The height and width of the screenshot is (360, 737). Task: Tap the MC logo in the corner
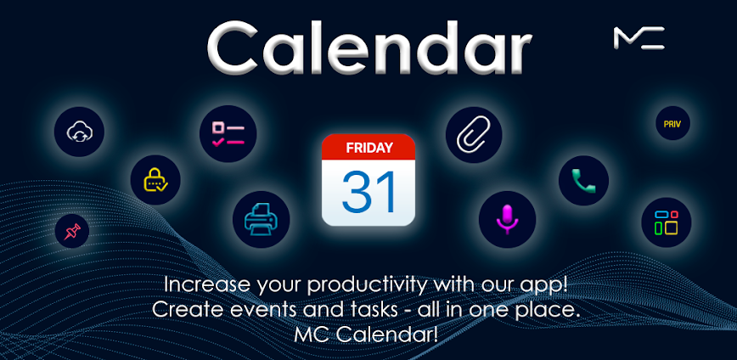click(639, 37)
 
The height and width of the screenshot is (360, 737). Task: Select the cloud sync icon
click(79, 132)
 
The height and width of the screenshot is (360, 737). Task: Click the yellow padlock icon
click(155, 180)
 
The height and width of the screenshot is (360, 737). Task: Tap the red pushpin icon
click(72, 230)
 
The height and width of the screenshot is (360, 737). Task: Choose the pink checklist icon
click(228, 133)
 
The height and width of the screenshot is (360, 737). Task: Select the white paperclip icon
click(474, 135)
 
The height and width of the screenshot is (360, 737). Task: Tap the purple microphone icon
click(507, 219)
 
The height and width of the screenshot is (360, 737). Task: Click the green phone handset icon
click(583, 180)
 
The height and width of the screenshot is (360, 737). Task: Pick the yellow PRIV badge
click(672, 124)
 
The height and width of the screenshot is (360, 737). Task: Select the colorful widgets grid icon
click(666, 222)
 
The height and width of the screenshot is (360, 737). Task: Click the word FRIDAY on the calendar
click(368, 148)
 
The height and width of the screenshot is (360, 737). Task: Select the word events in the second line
click(262, 309)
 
